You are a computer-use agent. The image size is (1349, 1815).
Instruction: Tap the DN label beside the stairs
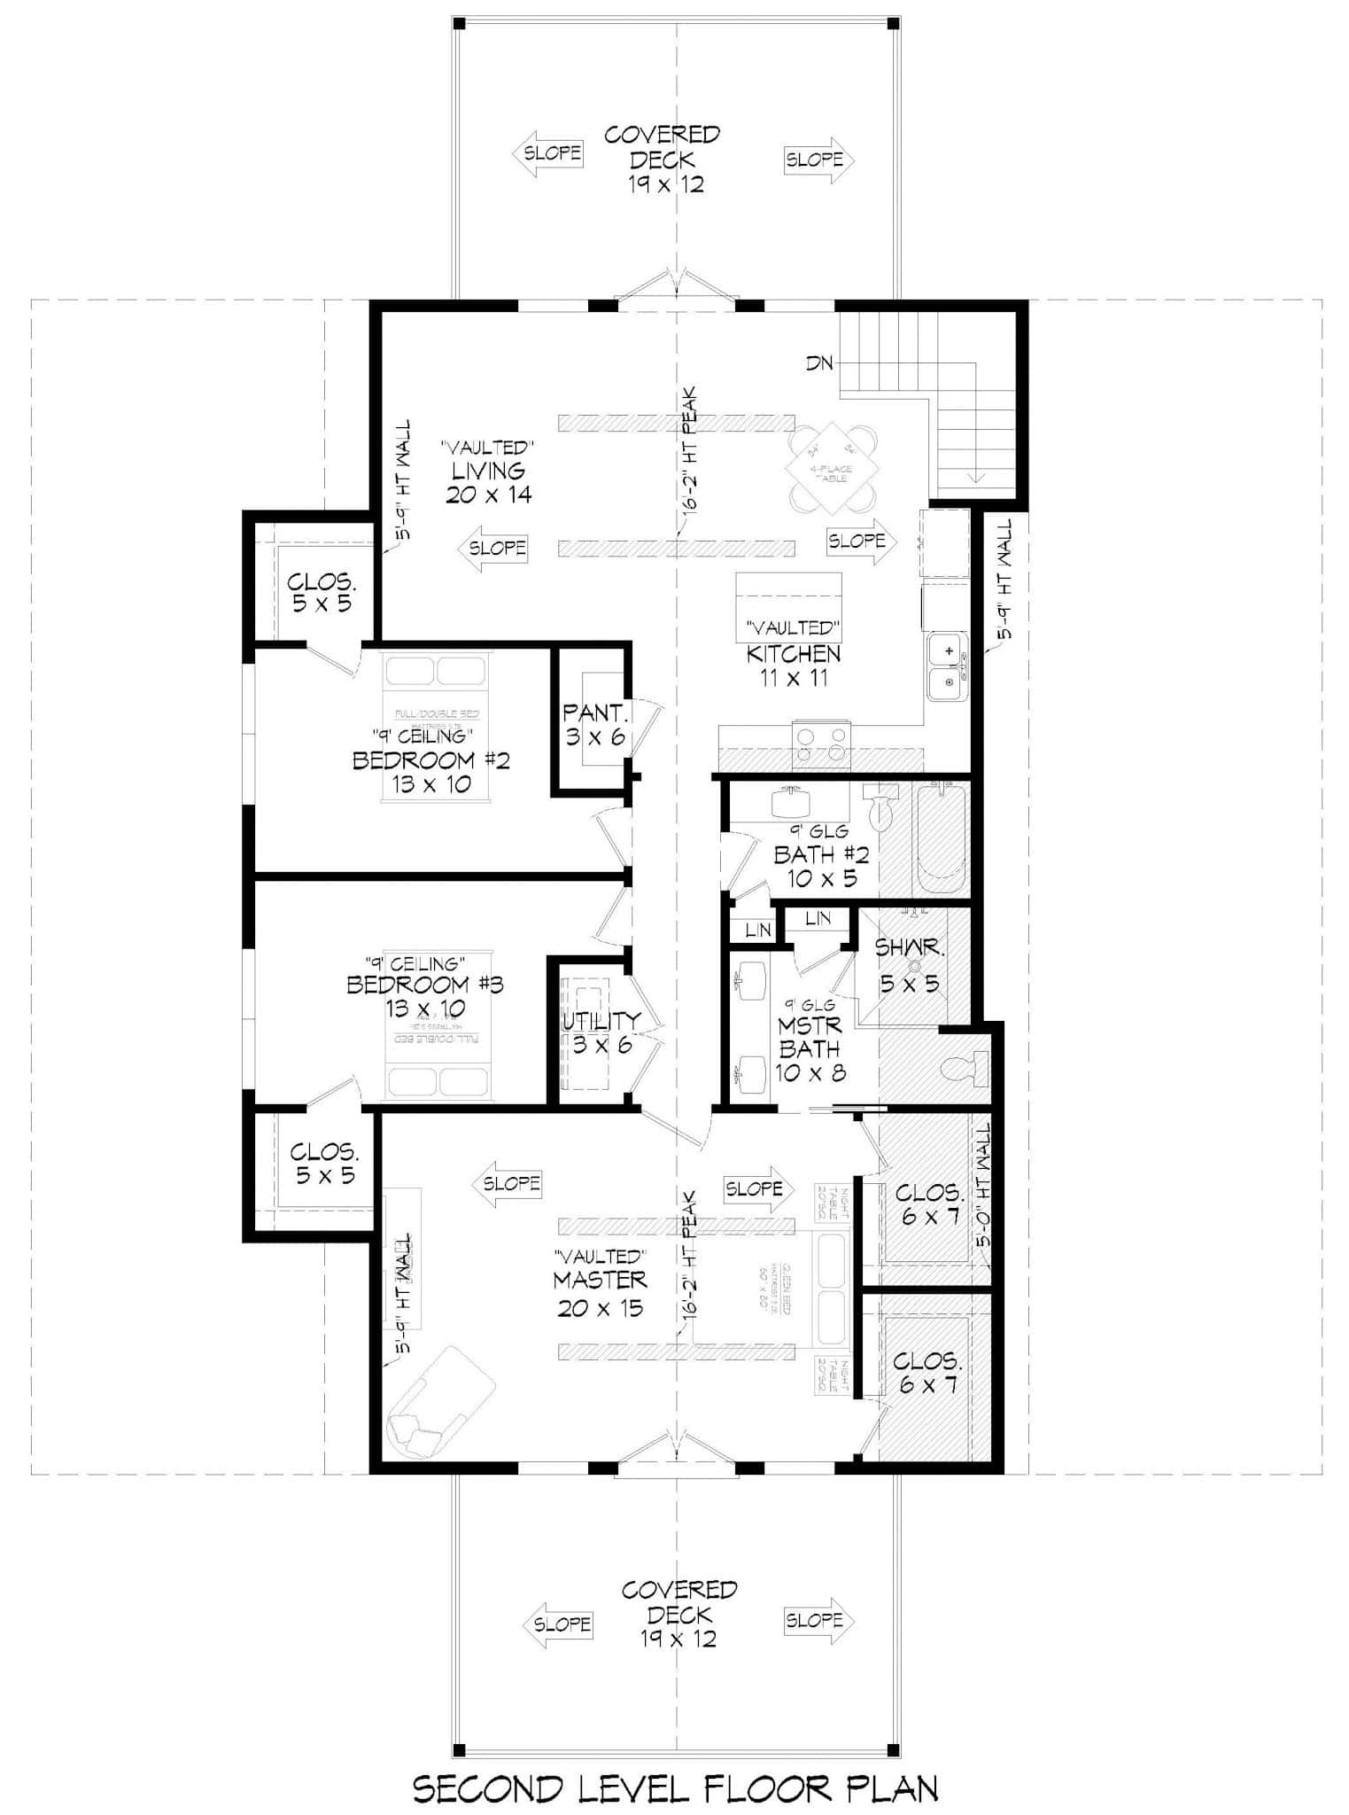click(819, 363)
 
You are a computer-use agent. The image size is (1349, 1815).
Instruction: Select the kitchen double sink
click(947, 667)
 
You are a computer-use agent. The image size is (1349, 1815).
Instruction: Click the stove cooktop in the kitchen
click(820, 743)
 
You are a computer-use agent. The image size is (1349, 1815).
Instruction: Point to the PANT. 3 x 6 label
click(596, 725)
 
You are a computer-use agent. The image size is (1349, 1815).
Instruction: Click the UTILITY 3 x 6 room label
click(601, 1032)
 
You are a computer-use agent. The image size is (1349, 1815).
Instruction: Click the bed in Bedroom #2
click(436, 727)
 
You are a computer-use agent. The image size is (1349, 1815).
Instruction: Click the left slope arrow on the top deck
click(548, 153)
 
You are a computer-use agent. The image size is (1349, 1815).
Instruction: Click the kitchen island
click(788, 607)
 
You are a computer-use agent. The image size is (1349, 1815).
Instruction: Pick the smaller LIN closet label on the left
click(758, 931)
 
